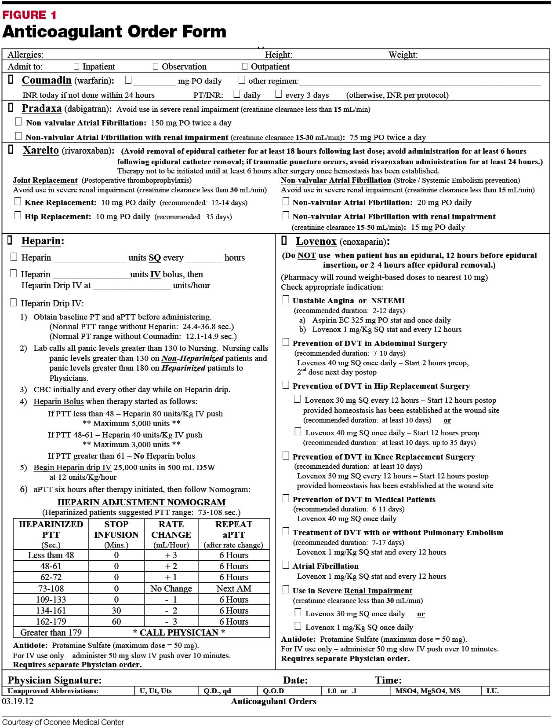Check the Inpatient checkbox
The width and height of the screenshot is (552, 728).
76,66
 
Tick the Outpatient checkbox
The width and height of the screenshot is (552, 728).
245,66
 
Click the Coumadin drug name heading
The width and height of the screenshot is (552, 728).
47,80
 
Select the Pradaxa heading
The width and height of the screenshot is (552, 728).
42,108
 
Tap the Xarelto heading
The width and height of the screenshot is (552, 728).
41,150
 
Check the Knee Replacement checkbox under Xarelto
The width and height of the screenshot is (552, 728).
18,202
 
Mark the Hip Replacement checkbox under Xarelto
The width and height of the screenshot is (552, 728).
18,216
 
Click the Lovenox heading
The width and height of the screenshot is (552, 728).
316,241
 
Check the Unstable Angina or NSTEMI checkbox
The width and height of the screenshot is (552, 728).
286,300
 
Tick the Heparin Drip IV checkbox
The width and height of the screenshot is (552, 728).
14,303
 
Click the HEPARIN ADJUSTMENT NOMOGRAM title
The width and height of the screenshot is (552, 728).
142,502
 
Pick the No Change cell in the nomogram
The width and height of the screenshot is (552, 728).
171,588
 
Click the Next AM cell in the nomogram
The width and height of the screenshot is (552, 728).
234,588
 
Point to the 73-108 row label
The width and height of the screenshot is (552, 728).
51,588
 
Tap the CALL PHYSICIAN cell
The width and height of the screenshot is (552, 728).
179,632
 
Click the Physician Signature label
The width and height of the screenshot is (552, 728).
54,680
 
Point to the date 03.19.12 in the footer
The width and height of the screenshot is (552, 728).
18,701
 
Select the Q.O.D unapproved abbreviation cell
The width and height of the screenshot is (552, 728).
273,691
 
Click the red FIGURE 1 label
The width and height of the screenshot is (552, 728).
29,15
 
